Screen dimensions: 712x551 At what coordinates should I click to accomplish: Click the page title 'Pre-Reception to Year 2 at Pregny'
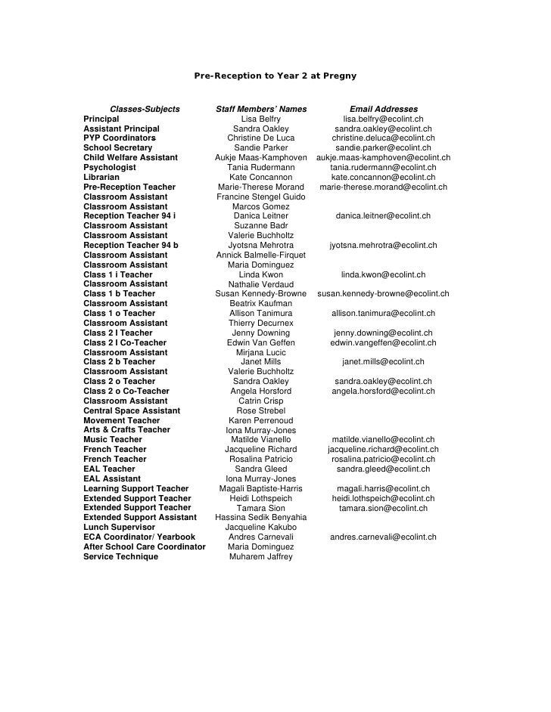[x=275, y=76]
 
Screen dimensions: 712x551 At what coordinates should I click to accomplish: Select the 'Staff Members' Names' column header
[x=261, y=110]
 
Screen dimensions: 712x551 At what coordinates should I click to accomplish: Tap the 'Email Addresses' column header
[x=383, y=110]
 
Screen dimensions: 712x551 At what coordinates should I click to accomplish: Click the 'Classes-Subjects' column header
[x=145, y=110]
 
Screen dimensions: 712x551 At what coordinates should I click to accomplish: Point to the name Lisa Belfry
[x=261, y=119]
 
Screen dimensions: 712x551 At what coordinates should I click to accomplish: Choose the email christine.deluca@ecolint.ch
[x=383, y=138]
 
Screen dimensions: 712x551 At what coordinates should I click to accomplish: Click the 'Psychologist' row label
[x=110, y=168]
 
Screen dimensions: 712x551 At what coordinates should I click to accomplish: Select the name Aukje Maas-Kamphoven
[x=261, y=158]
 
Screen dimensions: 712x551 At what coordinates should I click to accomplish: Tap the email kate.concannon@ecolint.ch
[x=383, y=178]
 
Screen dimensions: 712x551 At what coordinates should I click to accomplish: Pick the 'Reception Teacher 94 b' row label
[x=131, y=246]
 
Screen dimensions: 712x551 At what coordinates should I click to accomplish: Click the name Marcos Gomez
[x=261, y=206]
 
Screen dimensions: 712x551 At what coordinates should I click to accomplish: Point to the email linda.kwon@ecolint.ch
[x=383, y=275]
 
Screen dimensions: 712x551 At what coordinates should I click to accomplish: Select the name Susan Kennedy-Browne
[x=261, y=294]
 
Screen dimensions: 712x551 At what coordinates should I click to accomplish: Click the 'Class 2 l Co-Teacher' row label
[x=125, y=342]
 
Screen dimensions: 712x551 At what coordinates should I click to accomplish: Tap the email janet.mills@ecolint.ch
[x=383, y=362]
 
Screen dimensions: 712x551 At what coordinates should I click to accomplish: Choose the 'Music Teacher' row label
[x=113, y=440]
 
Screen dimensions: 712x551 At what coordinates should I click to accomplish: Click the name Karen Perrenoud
[x=261, y=420]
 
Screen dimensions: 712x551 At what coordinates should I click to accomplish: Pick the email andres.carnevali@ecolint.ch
[x=383, y=537]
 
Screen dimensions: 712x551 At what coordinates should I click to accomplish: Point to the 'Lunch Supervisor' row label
[x=119, y=528]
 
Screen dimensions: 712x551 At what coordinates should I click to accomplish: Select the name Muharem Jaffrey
[x=261, y=557]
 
